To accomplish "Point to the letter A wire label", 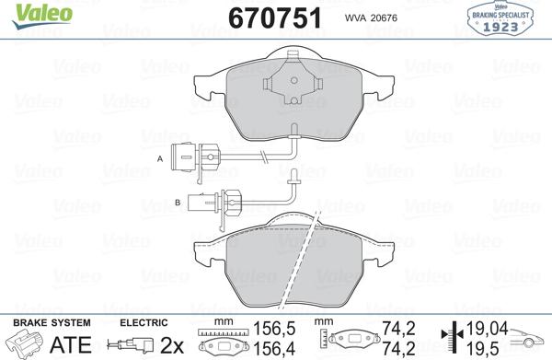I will [159, 159].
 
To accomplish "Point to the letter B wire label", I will [177, 200].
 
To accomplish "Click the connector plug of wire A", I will [189, 159].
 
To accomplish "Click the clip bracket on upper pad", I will [290, 84].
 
